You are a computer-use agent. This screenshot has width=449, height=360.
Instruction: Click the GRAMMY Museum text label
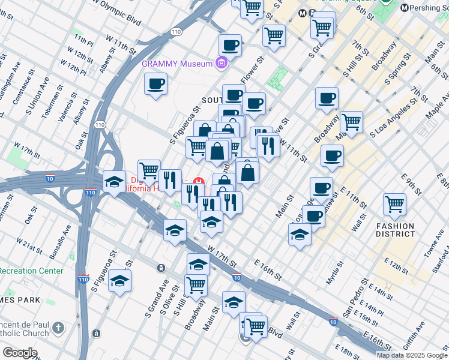click(x=178, y=64)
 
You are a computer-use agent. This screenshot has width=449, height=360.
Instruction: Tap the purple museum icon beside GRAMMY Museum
click(x=221, y=63)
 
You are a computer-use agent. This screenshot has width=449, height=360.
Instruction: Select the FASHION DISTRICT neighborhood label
click(x=395, y=230)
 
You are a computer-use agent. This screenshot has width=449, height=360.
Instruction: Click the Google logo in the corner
click(x=20, y=353)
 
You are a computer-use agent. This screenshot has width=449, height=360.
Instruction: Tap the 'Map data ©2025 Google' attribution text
click(x=412, y=355)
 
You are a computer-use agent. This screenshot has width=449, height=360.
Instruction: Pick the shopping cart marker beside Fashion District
click(x=395, y=204)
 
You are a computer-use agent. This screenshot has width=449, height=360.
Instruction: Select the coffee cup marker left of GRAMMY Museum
click(x=155, y=83)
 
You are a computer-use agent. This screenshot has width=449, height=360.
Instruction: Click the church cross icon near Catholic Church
click(x=58, y=328)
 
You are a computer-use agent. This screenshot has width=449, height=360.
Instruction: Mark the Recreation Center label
click(x=31, y=271)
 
